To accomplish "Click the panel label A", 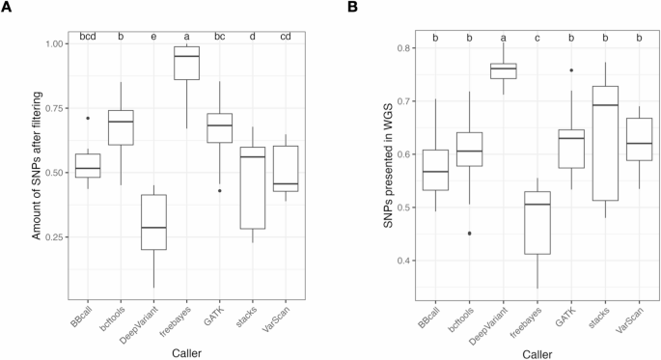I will tap(7, 9).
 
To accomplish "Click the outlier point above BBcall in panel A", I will tap(88, 119).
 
